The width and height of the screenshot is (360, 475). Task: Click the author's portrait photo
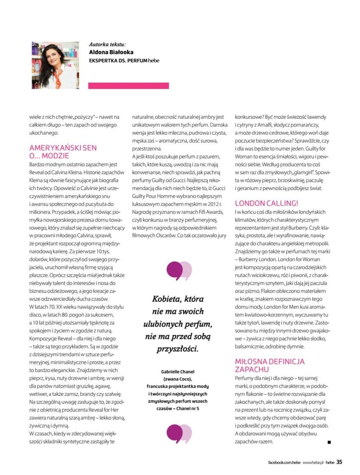coord(55,65)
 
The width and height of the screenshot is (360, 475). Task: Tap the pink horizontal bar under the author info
coord(128,85)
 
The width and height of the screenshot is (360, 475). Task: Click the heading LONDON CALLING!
coord(266,203)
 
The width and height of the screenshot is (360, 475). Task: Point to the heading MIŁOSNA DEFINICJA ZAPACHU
coord(269,365)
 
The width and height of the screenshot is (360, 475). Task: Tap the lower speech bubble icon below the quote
coord(179,433)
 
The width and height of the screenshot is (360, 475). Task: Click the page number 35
coord(339,462)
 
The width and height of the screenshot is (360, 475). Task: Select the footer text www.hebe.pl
coord(313,463)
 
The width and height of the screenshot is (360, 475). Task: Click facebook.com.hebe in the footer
coord(282,463)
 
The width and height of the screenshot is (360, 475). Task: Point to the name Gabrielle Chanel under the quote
coord(178,372)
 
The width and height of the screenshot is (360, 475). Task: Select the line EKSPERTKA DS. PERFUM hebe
coord(124,61)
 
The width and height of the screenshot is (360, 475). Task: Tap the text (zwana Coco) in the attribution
coord(178,379)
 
